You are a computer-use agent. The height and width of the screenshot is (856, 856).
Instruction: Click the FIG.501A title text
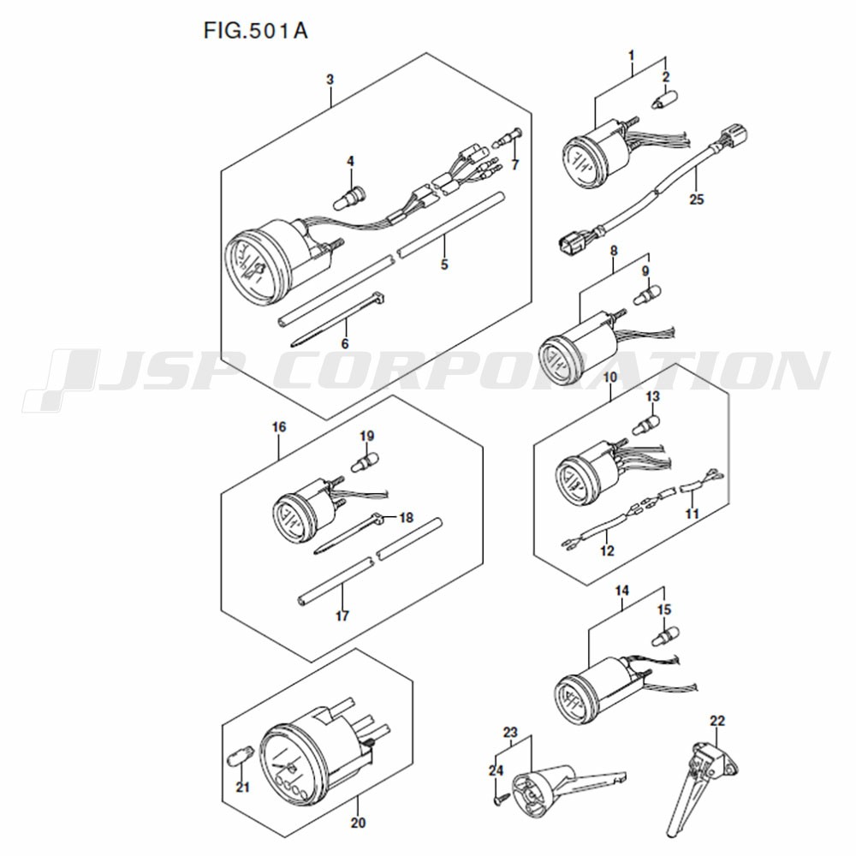click(x=255, y=31)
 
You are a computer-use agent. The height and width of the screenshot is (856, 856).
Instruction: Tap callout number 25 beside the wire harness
click(x=696, y=199)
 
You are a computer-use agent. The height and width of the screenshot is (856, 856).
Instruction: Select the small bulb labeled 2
click(x=662, y=99)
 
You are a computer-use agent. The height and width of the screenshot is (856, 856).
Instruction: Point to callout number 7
click(x=514, y=164)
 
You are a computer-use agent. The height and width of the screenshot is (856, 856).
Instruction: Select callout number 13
click(x=652, y=395)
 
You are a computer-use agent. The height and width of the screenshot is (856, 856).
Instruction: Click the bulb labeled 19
click(x=366, y=462)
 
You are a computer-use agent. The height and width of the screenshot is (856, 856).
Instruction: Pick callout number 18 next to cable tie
click(x=406, y=517)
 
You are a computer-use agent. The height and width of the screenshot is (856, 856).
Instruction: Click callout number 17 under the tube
click(x=342, y=616)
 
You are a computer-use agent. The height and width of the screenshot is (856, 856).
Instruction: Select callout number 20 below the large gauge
click(x=358, y=822)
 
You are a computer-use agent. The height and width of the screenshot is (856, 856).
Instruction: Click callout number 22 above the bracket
click(x=717, y=721)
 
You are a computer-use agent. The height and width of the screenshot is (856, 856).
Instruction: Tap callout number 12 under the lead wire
click(x=607, y=550)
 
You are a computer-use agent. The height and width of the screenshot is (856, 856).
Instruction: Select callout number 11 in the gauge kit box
click(x=692, y=514)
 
